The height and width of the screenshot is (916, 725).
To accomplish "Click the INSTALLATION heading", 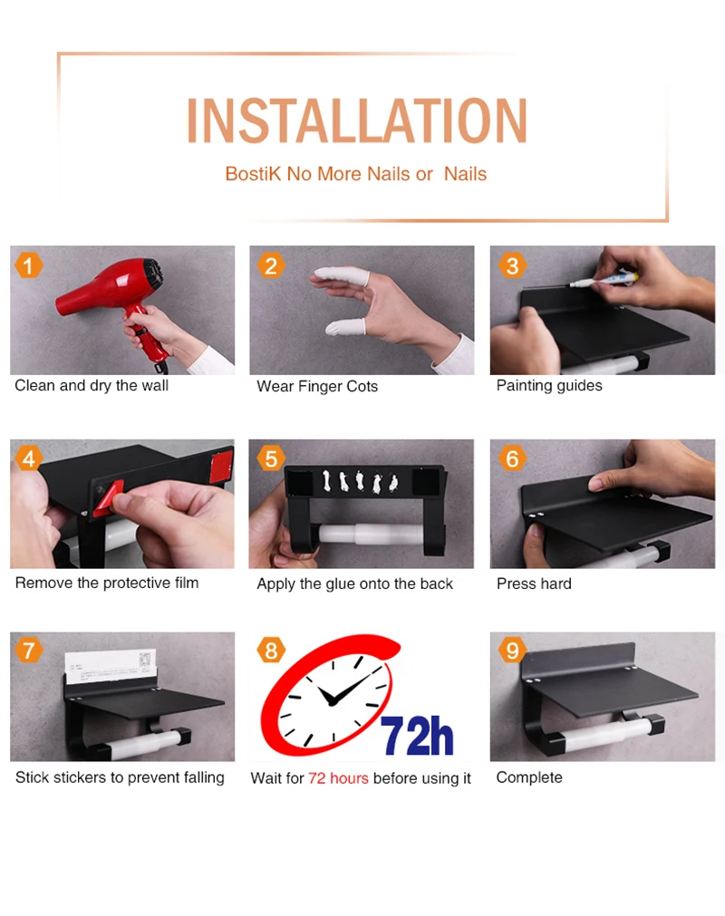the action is point(356,121).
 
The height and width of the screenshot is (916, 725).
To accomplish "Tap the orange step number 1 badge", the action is point(28,265).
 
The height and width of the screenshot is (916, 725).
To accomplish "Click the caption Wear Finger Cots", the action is point(317,386).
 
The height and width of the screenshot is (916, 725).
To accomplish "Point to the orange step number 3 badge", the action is point(512,265).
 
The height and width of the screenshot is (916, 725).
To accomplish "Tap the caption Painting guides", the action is point(549,386).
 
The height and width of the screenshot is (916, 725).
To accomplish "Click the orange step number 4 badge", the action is point(28,458).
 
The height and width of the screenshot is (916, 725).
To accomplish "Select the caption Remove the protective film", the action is point(107,583).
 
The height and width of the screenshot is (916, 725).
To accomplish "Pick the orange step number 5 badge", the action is point(271,458).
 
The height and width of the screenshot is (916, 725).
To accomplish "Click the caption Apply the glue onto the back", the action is point(354,584).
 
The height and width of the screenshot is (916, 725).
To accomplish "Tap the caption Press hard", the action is point(534,583).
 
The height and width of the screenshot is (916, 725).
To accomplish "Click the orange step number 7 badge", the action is point(28,651).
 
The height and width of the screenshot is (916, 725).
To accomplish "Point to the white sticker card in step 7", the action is point(111,666).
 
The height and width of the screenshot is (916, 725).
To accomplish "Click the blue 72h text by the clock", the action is point(417,737).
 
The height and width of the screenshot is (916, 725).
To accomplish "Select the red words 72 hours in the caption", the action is point(338,778).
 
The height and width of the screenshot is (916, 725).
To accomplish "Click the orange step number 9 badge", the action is point(512,651).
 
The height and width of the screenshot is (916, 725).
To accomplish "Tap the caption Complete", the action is point(529,777).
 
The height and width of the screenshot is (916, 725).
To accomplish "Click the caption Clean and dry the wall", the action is point(92,386).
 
